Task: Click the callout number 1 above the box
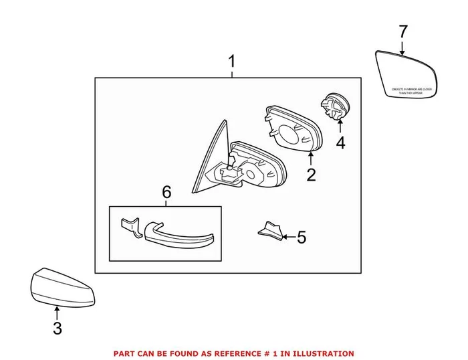point(232,63)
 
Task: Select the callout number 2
point(311,176)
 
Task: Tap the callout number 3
point(57,328)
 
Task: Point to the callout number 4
point(340,143)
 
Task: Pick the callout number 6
point(166,193)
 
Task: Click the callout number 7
point(402,31)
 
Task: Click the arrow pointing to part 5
point(287,236)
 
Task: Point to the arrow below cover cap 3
point(57,312)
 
